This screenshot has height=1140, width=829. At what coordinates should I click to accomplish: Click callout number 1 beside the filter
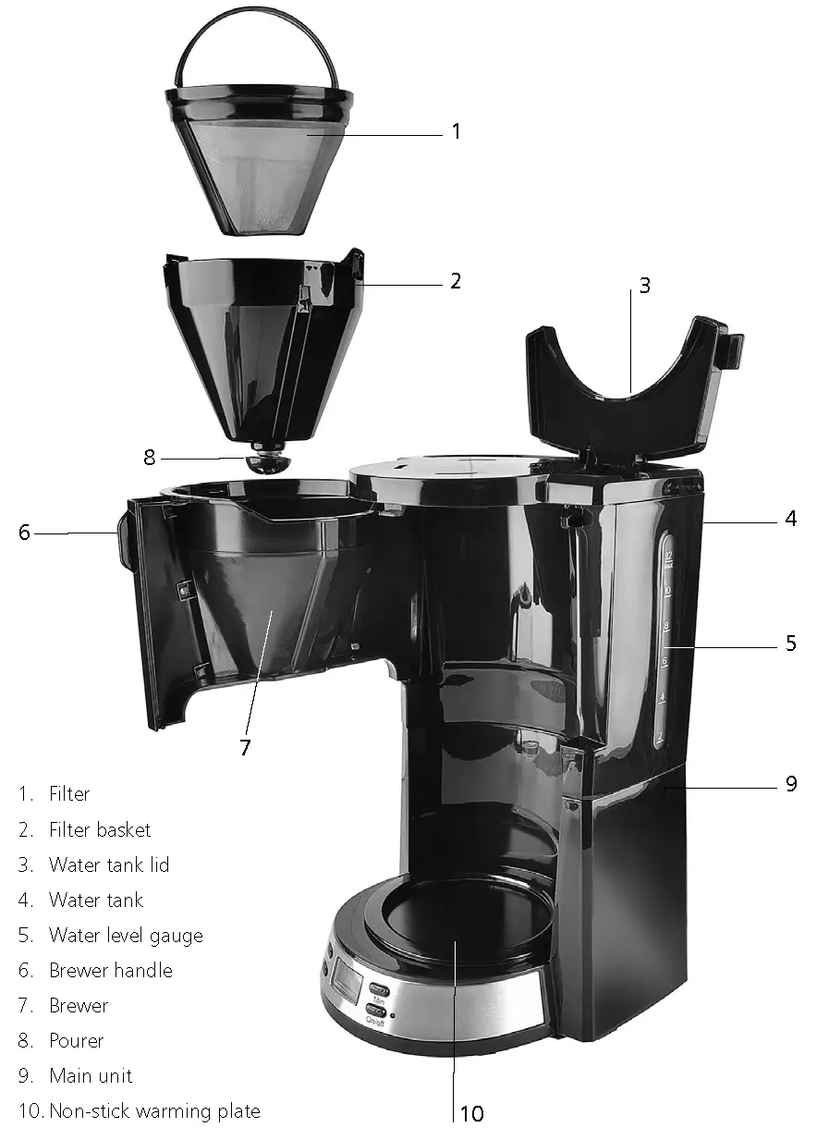[455, 131]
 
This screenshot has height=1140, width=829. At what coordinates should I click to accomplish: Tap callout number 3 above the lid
[644, 286]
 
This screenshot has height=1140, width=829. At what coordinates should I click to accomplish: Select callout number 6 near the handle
[24, 533]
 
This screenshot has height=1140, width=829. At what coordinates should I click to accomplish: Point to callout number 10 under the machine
[471, 1113]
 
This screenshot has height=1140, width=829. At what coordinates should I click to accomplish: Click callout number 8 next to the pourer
[151, 456]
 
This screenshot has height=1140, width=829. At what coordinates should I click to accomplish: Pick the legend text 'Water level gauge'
[126, 936]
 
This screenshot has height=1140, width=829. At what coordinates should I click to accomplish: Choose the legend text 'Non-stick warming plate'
[154, 1111]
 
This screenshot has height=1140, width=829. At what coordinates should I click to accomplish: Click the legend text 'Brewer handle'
[111, 971]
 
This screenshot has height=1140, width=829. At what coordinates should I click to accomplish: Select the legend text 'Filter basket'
[100, 830]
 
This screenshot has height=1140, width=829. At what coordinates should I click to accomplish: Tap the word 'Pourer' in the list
[77, 1041]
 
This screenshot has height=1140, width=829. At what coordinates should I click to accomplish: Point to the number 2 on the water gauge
[660, 737]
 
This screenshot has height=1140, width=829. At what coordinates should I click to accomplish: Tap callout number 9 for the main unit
[791, 784]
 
